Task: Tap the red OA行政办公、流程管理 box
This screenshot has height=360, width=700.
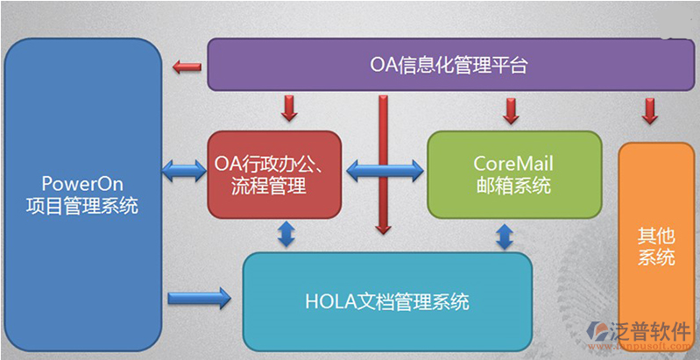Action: point(274,174)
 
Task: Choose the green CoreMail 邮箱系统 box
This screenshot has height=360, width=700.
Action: point(514,174)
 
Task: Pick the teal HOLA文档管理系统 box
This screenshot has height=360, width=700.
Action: point(387,302)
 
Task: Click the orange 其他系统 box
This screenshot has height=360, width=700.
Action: point(651,247)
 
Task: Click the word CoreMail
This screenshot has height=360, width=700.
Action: point(513,163)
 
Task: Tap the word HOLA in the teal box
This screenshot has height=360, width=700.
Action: point(329,302)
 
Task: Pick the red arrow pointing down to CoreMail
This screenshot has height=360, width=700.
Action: point(510,109)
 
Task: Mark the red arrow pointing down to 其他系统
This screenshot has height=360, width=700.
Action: point(650,110)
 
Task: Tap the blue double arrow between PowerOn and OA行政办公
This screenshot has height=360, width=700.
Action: point(185,169)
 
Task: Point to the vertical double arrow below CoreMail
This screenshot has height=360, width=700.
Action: point(505,236)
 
